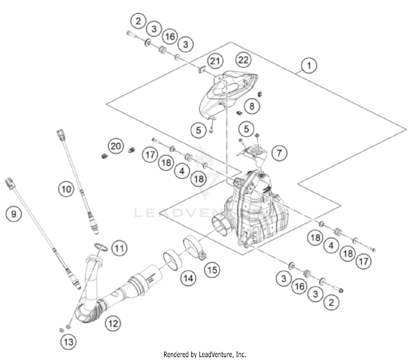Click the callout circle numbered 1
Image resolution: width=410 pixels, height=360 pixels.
click(x=309, y=66)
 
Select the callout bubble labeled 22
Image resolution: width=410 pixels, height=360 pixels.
click(x=243, y=60)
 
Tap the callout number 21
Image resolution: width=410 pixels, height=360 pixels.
click(x=215, y=61)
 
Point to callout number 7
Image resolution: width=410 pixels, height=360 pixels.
click(x=279, y=152)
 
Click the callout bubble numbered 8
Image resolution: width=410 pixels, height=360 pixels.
click(x=252, y=106)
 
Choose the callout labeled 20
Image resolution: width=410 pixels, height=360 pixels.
click(x=116, y=146)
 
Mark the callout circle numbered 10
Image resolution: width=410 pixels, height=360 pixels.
click(x=66, y=189)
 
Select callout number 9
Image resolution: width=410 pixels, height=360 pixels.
click(x=14, y=213)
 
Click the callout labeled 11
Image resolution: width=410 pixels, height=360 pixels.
click(x=119, y=248)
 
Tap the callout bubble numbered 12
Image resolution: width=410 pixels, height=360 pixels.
click(x=113, y=324)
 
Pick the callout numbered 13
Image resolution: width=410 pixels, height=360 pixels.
click(x=68, y=341)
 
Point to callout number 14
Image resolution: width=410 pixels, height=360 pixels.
click(x=188, y=278)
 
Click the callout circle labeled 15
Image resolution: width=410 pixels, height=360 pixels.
click(x=212, y=270)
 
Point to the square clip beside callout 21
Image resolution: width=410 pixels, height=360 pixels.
click(x=202, y=71)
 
